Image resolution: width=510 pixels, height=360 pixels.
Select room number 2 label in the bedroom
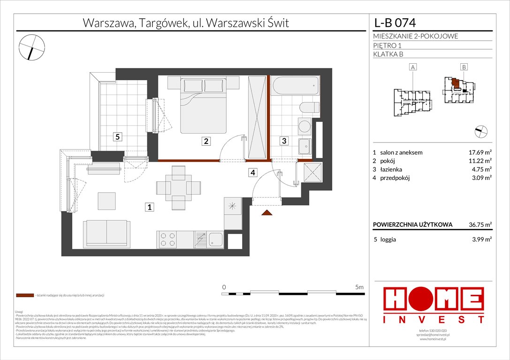(205, 140)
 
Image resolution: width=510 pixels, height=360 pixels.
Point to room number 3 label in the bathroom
(284, 140)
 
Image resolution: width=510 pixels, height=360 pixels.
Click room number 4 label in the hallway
(253, 172)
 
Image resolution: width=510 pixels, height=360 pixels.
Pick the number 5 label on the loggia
(119, 137)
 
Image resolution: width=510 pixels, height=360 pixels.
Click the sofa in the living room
(107, 232)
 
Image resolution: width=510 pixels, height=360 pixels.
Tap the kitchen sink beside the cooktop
(216, 239)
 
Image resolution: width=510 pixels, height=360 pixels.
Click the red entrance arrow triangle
(266, 213)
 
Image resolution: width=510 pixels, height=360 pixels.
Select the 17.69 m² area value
(479, 152)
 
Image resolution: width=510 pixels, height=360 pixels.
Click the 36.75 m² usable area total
(479, 225)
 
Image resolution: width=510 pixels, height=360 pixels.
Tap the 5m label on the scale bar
(359, 286)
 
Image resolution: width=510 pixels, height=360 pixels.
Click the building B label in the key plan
(464, 67)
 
